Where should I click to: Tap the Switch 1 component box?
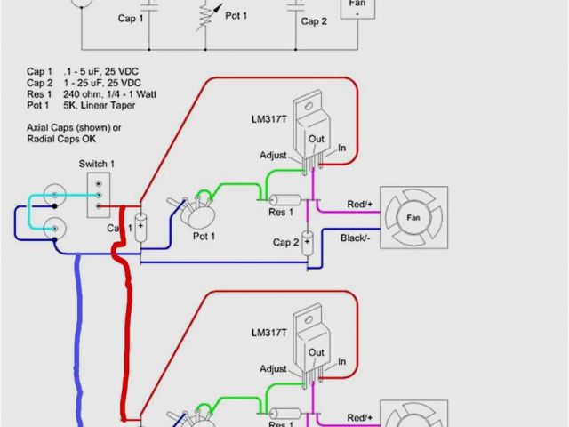click(98, 194)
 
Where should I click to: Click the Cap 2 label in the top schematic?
click(313, 20)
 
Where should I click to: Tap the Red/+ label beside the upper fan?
click(361, 204)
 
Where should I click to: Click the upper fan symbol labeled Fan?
click(413, 218)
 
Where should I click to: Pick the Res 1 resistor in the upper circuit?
click(285, 201)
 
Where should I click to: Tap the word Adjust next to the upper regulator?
click(273, 155)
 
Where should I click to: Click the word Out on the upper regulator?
click(316, 138)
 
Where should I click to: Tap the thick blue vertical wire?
click(80, 338)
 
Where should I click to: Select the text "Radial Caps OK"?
click(61, 139)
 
